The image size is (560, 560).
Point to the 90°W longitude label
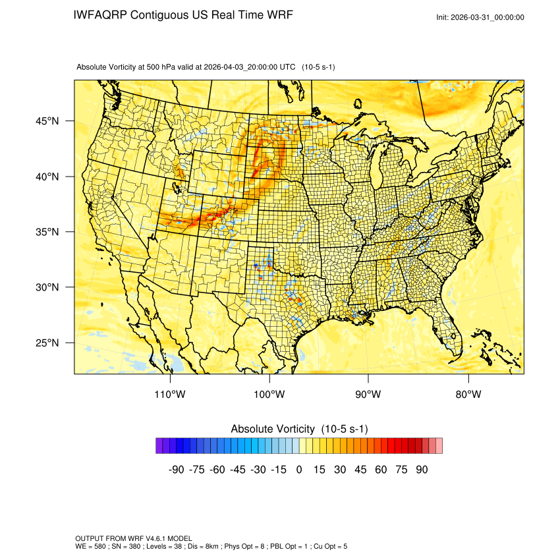point(368,395)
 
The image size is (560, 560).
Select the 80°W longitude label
point(468,395)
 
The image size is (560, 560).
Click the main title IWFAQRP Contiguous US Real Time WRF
point(183,15)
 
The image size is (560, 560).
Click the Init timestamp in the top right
point(480,18)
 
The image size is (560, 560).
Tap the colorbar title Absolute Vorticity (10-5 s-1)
point(299,429)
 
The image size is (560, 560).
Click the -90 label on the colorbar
point(176,470)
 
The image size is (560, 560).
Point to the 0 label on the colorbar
point(299,470)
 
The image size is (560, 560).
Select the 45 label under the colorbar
point(360,470)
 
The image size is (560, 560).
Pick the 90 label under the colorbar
point(422,470)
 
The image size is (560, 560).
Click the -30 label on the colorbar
point(258,470)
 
